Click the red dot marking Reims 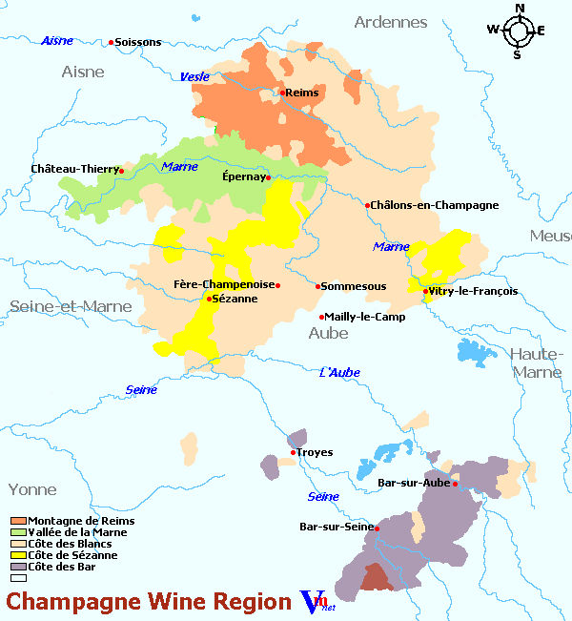283,93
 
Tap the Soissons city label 138,42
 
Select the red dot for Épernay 269,177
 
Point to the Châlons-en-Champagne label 436,205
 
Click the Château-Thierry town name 73,169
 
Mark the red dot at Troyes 294,452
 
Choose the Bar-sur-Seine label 336,527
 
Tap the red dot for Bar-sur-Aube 456,484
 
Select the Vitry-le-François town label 474,291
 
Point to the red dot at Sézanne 209,299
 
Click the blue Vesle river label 194,76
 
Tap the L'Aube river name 339,372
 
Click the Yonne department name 32,489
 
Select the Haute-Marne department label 537,362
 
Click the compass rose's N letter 520,9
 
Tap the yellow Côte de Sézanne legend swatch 18,555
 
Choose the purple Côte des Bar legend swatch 18,567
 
